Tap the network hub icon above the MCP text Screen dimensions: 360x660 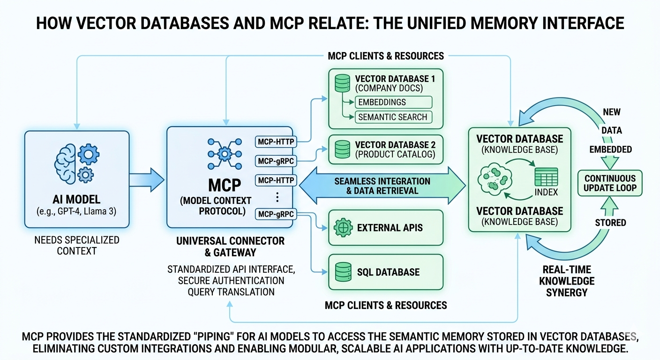coord(224,152)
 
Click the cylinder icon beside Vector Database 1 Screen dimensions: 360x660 coord(342,83)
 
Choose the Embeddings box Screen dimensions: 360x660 coord(394,102)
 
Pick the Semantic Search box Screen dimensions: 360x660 coord(394,117)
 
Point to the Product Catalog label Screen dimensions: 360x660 coord(395,155)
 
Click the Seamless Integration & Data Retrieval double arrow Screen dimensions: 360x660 coord(382,186)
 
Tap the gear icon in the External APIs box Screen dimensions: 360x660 coord(343,228)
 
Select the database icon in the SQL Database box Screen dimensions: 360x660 coord(343,272)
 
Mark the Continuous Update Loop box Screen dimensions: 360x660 coord(610,183)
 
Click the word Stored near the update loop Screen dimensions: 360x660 coord(610,222)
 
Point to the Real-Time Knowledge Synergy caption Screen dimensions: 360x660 coord(566,280)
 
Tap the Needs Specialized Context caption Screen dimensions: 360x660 coord(77,245)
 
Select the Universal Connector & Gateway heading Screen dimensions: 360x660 coord(230,247)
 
